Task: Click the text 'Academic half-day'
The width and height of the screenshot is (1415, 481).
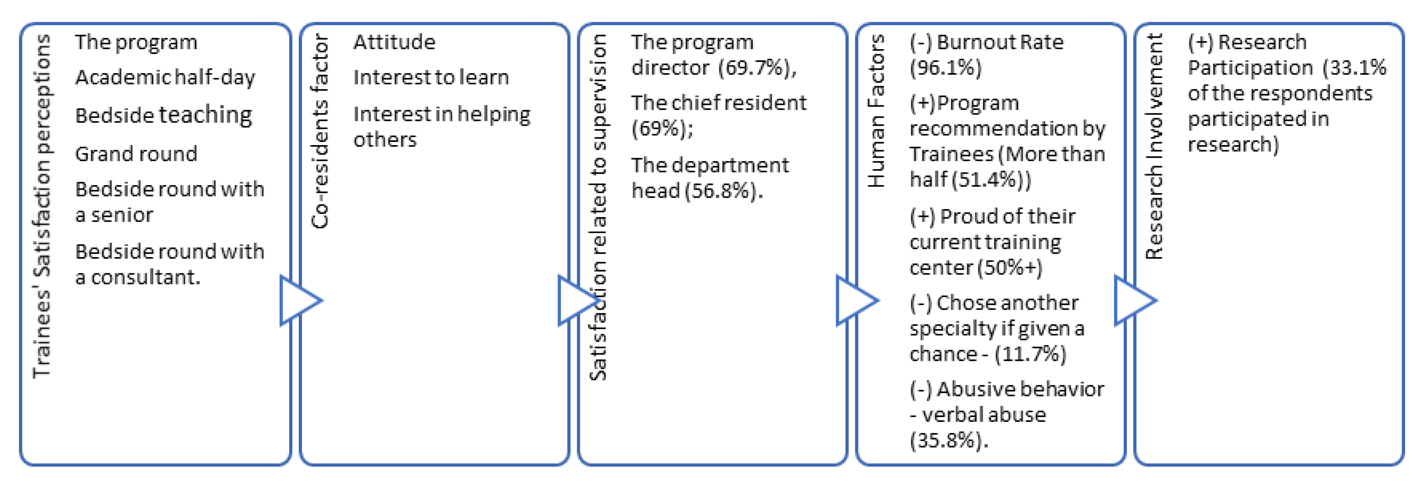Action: coord(165,78)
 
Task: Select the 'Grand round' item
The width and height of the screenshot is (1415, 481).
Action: coord(136,154)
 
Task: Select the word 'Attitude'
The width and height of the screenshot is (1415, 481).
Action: coord(394,42)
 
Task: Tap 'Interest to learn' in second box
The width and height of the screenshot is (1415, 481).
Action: coord(431,78)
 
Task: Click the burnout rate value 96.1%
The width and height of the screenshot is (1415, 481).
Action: coord(945,68)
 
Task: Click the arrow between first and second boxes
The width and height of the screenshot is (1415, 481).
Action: coord(298,300)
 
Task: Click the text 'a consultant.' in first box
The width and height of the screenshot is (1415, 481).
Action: coord(137,277)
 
